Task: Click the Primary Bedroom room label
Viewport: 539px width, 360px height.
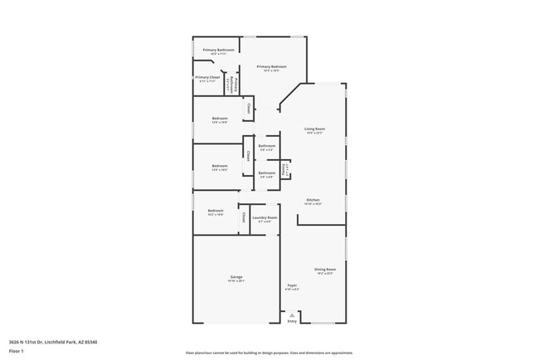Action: point(271,66)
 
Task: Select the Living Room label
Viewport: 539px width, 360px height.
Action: point(314,129)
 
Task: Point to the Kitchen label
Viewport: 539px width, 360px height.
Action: point(313,200)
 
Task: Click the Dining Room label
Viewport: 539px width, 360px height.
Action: point(325,270)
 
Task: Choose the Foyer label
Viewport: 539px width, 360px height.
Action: point(292,285)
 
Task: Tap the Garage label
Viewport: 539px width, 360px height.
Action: point(236,276)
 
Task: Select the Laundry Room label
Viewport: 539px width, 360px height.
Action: point(265,217)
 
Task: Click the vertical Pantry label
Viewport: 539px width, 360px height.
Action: point(286,169)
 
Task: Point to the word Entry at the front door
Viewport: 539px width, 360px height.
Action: point(292,321)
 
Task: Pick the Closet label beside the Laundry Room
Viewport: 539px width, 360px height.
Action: point(244,216)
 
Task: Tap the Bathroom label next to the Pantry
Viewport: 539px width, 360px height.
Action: point(267,173)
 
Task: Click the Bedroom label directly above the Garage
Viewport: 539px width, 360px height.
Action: point(216,211)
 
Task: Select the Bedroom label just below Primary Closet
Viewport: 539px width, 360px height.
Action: point(220,118)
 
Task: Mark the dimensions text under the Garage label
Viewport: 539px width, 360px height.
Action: point(236,281)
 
